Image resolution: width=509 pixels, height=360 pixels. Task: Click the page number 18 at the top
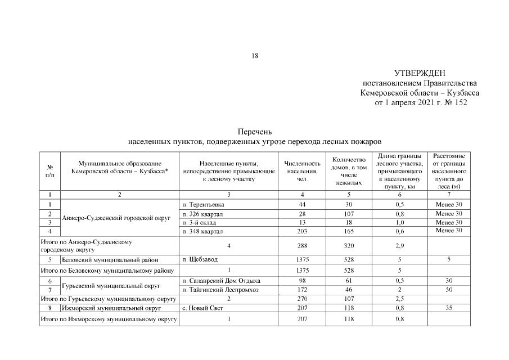click(x=255, y=56)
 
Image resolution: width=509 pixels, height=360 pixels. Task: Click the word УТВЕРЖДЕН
click(x=420, y=73)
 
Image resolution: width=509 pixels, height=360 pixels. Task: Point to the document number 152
click(x=459, y=103)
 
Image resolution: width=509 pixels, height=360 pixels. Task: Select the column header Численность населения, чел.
click(x=303, y=170)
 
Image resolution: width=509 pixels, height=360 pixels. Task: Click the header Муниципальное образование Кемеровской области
click(x=119, y=166)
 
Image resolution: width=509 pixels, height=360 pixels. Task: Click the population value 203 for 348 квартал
click(x=303, y=231)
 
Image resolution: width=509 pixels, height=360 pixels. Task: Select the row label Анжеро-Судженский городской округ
click(x=116, y=218)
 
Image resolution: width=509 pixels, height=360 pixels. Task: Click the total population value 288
click(x=303, y=245)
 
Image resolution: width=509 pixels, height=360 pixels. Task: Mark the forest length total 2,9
click(x=399, y=245)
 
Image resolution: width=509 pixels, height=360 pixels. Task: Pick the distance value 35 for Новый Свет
click(x=448, y=308)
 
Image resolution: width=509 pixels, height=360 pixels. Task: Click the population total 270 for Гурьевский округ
click(x=303, y=299)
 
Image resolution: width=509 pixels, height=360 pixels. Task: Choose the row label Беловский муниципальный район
click(x=110, y=259)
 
